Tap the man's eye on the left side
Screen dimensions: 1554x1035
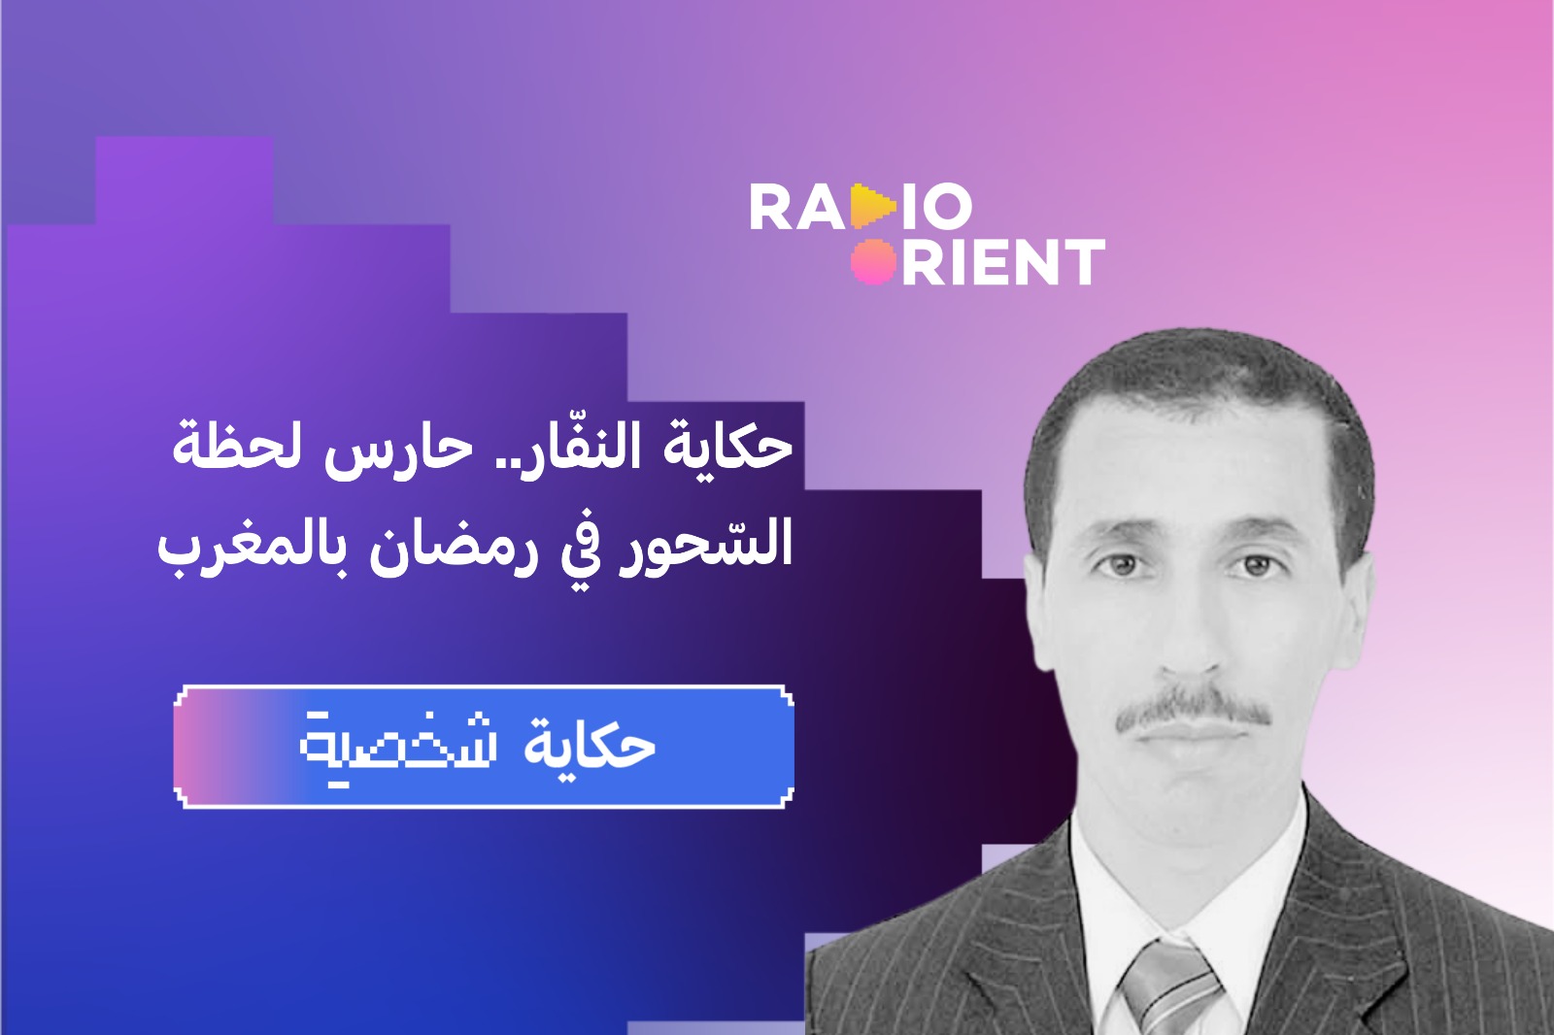[x=1118, y=562]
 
